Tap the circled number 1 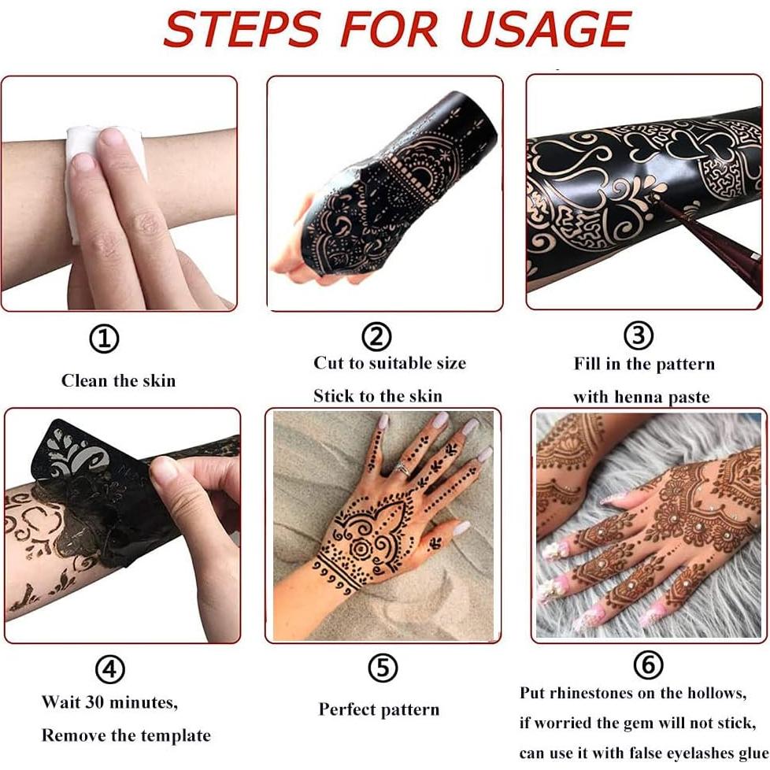tap(104, 339)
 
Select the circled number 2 tap(376, 337)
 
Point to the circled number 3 tap(638, 336)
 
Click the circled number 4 tap(110, 669)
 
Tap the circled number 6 tap(647, 665)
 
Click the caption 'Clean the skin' tap(118, 381)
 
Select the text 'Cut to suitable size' tap(390, 363)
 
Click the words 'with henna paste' tap(641, 397)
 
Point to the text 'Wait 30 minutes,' tap(109, 701)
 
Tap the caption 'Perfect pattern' tap(379, 709)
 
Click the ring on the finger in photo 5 tap(402, 468)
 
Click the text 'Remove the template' tap(126, 736)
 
